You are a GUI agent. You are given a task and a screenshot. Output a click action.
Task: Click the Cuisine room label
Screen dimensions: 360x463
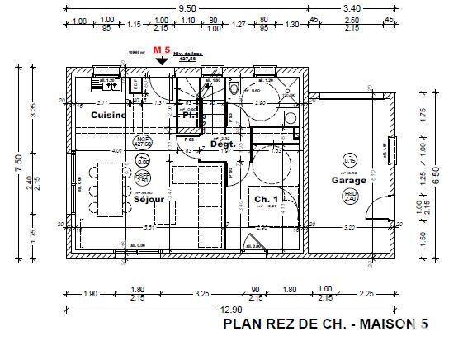pos(108,115)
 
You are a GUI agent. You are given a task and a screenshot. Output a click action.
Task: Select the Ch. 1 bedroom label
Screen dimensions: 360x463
pos(266,200)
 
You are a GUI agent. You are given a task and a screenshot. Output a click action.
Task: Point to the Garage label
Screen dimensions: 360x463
pos(349,179)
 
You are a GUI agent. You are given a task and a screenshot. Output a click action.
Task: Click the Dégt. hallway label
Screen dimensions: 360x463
pos(223,144)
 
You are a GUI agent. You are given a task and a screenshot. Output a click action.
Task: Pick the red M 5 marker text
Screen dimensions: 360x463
pos(162,51)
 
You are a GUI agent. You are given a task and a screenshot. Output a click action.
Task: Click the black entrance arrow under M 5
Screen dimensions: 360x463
pos(162,60)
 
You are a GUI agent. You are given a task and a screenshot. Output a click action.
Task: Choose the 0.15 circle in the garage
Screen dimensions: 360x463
pos(350,159)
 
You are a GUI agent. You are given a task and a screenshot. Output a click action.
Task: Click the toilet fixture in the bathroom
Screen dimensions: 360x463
pos(234,88)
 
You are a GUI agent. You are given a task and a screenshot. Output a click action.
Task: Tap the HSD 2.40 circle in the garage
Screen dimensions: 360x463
pos(350,196)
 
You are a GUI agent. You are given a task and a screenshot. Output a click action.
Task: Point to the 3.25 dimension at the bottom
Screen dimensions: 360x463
pos(201,292)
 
